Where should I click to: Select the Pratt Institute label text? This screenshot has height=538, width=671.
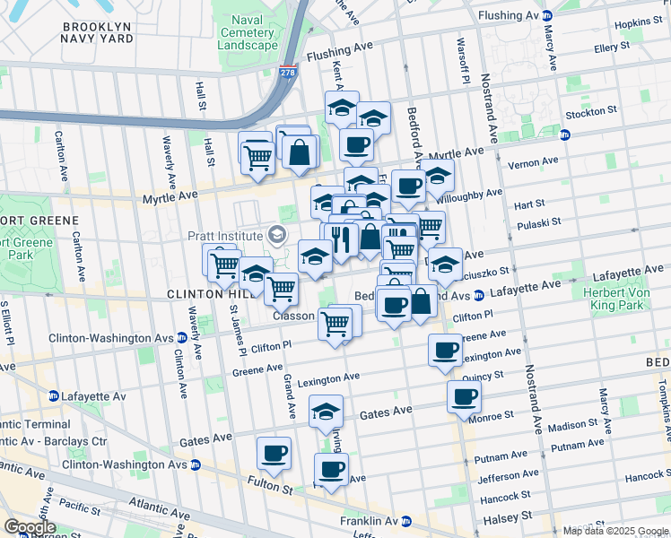pyautogui.click(x=225, y=236)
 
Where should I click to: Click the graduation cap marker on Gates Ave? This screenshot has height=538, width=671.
pyautogui.click(x=327, y=411)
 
